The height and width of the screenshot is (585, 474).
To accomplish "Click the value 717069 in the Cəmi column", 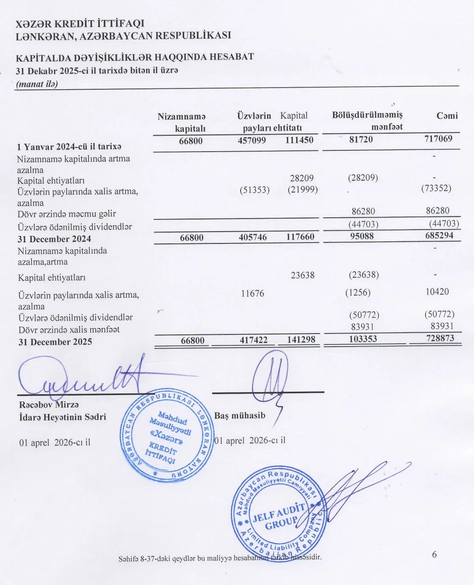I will coord(438,139).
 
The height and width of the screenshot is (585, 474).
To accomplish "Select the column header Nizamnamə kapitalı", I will coord(182,122).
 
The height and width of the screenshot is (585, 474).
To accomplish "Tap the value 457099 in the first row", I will coord(252,140).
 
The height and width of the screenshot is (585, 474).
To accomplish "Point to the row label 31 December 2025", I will coord(55,342).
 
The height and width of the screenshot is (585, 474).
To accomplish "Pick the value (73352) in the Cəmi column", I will coord(436,188).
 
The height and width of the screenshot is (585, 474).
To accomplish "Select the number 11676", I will coord(252,293).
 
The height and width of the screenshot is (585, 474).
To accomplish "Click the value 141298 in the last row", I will coord(301,339).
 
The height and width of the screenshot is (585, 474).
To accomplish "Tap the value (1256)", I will coord(358,292).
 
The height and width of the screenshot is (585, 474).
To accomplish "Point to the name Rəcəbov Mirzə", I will coord(49,405).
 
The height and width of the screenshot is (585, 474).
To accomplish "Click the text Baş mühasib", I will coord(240,415).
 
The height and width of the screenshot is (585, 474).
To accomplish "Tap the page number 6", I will coord(434,554).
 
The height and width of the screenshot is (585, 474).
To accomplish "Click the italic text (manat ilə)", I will coord(37,83).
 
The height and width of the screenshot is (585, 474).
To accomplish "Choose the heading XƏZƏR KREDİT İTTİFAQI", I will coord(80,24).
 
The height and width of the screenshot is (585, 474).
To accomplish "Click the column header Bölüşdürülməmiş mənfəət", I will coord(367,120).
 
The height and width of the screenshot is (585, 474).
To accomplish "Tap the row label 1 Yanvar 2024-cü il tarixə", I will coord(69,147).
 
